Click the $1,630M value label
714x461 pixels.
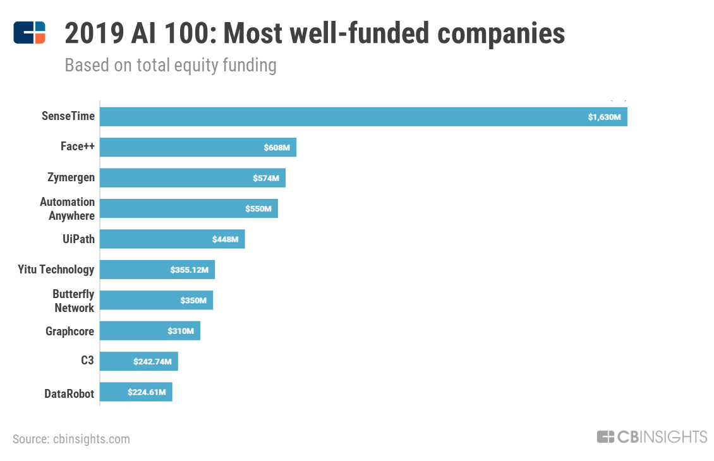[604, 117]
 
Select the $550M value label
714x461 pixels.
[258, 208]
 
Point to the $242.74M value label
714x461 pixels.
[153, 361]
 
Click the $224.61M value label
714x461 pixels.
[147, 392]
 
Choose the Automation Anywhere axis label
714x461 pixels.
[68, 208]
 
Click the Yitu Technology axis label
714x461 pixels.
[56, 270]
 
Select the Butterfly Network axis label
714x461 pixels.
[73, 301]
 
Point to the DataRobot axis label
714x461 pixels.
[69, 393]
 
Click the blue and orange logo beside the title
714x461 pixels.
[30, 33]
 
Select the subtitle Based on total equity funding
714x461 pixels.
[171, 65]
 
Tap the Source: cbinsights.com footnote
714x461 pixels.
[71, 439]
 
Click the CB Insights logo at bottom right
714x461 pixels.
[651, 436]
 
